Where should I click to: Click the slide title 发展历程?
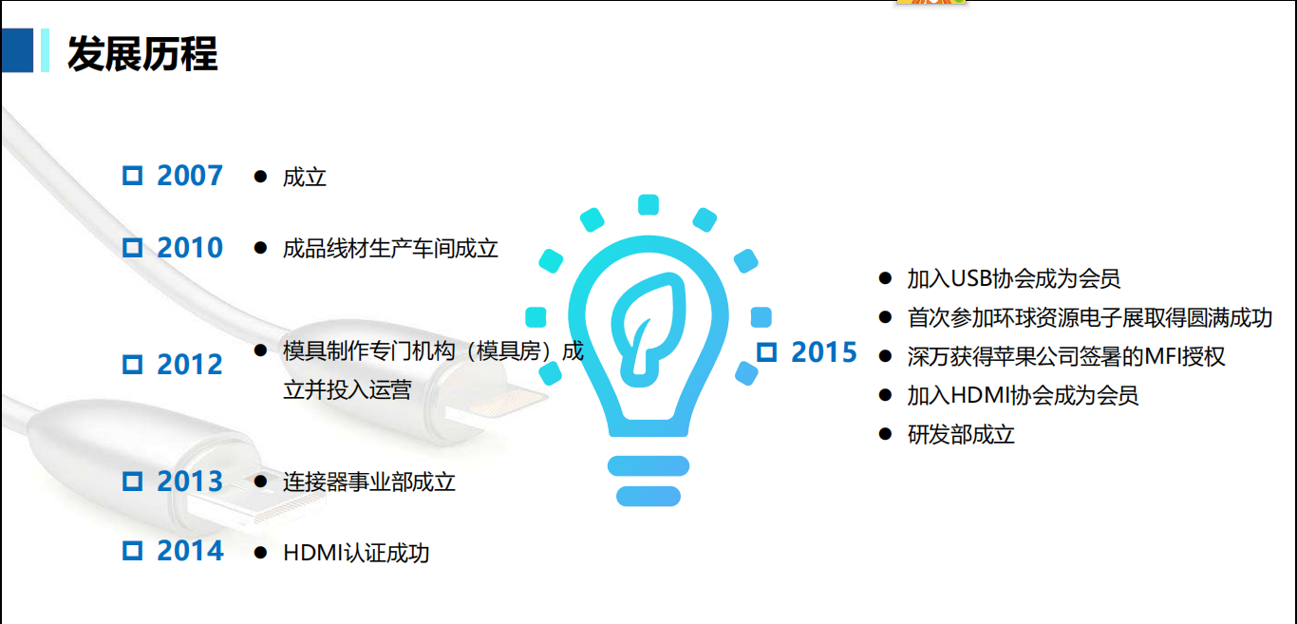point(142,53)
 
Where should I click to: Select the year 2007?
point(190,176)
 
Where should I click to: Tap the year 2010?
point(190,248)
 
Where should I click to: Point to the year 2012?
point(190,365)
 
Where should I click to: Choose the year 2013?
point(190,482)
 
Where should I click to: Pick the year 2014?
point(190,551)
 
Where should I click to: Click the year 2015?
point(824,352)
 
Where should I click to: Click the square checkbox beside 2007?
point(133,176)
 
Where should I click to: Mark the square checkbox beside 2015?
point(766,352)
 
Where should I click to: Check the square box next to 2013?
point(133,482)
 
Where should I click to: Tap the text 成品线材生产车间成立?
point(390,249)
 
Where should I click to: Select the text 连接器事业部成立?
point(368,482)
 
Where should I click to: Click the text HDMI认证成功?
point(356,553)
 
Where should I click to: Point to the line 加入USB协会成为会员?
point(1013,278)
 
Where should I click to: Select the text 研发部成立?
point(961,435)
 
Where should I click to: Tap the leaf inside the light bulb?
point(648,329)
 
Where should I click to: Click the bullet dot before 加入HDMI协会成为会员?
point(885,395)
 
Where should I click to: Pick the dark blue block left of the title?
point(17,50)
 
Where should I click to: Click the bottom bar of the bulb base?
point(648,497)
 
